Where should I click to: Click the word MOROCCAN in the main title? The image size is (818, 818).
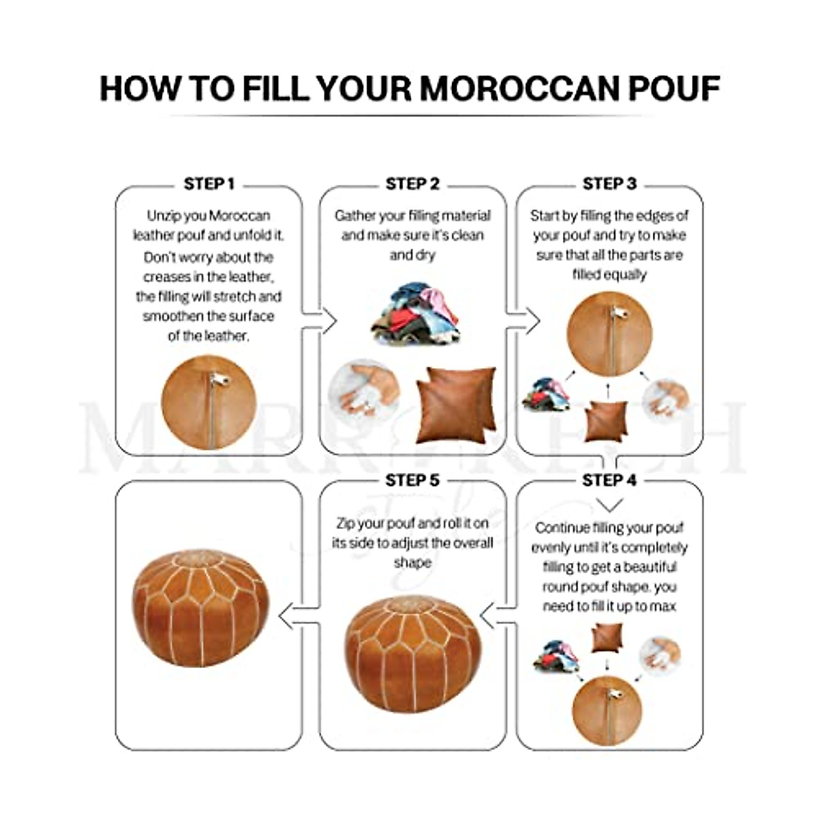(x=522, y=89)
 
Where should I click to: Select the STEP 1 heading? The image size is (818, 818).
(x=209, y=184)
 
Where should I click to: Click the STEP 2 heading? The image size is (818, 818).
(x=412, y=184)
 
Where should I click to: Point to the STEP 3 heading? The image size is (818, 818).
(x=609, y=184)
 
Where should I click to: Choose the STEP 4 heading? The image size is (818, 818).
(x=609, y=481)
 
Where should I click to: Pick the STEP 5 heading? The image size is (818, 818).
(x=412, y=481)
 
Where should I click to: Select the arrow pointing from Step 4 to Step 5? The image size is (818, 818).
(x=497, y=617)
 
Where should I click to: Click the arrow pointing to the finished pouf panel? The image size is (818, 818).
(x=297, y=617)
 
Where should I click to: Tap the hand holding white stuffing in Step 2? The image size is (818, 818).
(x=365, y=392)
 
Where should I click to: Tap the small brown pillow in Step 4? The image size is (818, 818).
(x=606, y=637)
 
